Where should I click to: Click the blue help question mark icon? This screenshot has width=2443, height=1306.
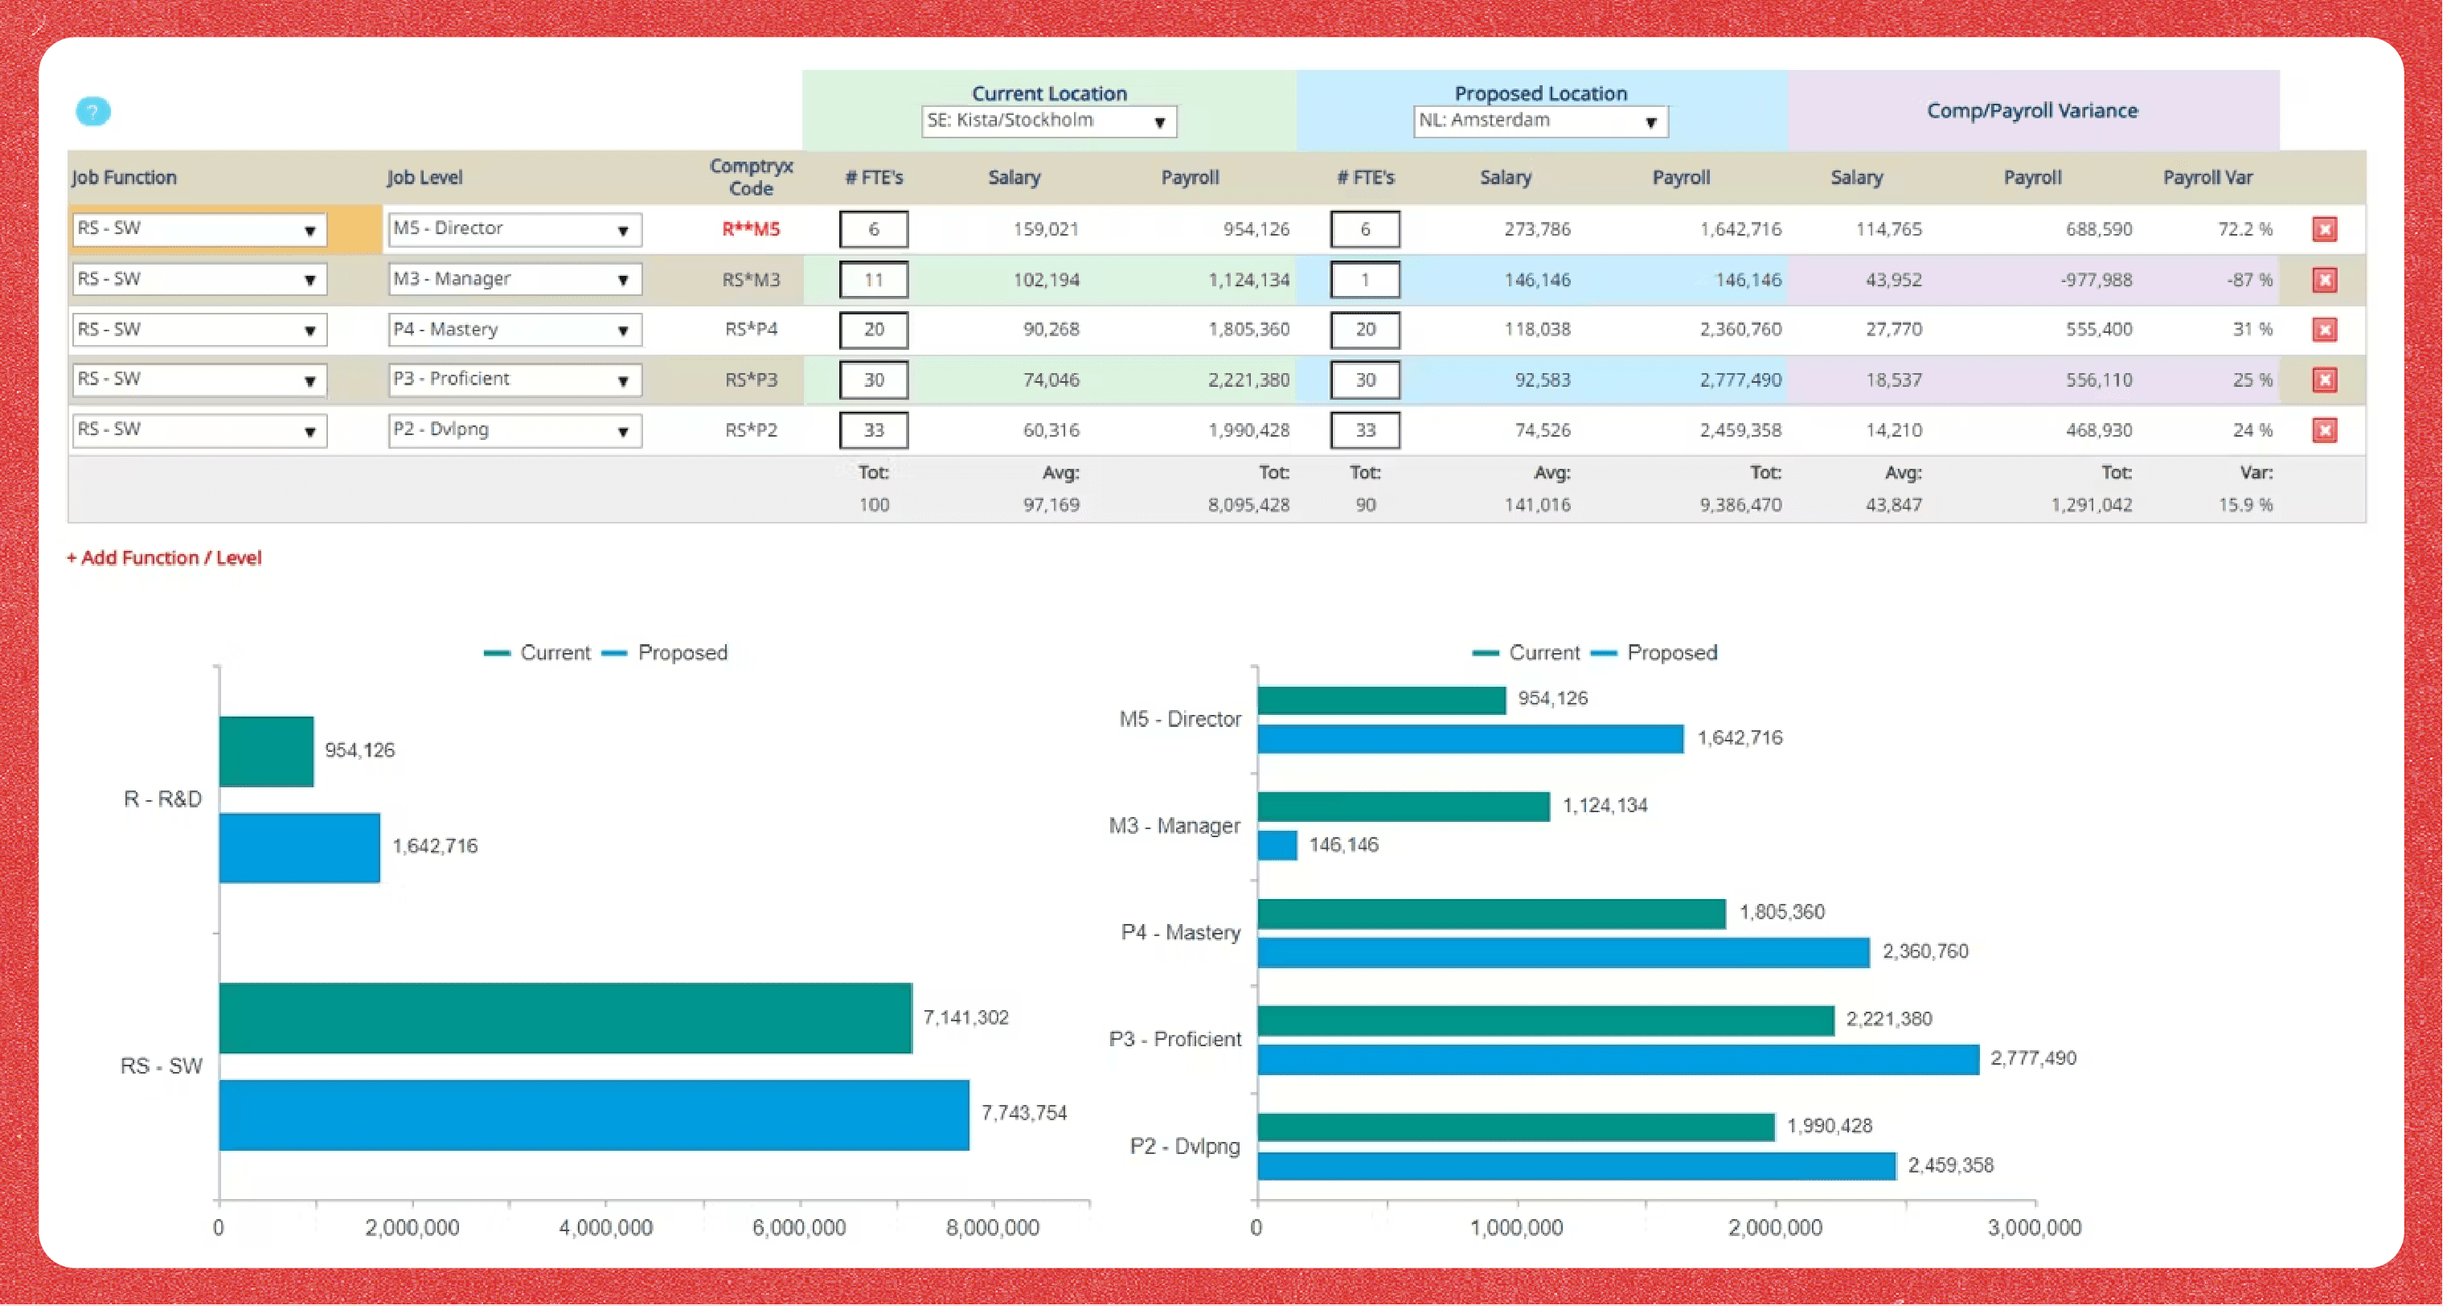tap(93, 112)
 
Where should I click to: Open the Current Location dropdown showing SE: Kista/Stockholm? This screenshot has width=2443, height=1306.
tap(1049, 121)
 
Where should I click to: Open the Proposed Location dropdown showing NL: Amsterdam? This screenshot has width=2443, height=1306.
tap(1540, 121)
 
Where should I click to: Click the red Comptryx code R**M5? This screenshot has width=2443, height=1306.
tap(751, 229)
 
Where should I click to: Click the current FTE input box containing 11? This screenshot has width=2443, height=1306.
tap(874, 280)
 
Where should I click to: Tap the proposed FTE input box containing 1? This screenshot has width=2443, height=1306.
tap(1365, 280)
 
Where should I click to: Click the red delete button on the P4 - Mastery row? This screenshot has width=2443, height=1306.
tap(2325, 330)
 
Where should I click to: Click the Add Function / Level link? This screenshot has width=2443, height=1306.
tap(164, 557)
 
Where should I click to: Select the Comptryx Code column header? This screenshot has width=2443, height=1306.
tap(751, 178)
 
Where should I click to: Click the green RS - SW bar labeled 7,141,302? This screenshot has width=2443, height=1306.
tap(565, 1017)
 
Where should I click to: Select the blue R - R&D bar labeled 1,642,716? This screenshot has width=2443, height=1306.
tap(300, 848)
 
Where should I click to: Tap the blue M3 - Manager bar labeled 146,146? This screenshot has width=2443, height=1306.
tap(1277, 845)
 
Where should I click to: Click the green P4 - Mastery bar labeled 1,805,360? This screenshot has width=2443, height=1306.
tap(1492, 914)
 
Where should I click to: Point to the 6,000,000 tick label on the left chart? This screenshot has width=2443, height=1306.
tap(800, 1227)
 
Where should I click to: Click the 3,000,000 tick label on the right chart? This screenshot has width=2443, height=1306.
tap(2035, 1227)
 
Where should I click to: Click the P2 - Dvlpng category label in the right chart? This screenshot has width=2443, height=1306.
tap(1184, 1146)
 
